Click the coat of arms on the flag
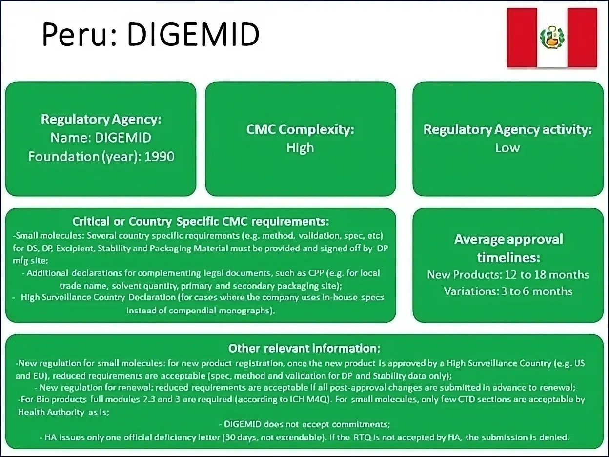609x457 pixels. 552,37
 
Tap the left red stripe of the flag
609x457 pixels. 522,37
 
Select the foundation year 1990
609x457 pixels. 160,157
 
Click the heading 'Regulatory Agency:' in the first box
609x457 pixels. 101,119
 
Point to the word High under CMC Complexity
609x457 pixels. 300,148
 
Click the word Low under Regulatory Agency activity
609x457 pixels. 507,148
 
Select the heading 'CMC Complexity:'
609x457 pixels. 300,129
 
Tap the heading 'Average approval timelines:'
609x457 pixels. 508,248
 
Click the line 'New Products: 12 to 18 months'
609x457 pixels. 508,274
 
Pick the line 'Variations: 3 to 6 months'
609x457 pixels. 508,291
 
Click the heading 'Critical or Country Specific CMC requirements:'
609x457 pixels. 201,221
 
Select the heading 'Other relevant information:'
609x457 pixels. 304,348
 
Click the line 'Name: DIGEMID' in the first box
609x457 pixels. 101,138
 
